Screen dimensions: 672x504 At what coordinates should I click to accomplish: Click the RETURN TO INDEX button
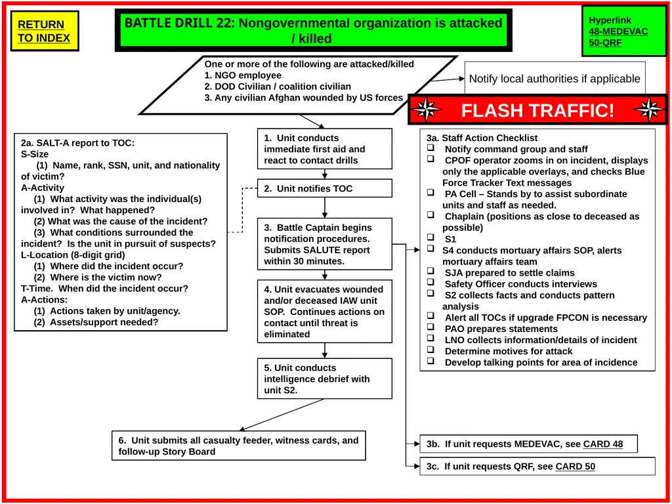[44, 31]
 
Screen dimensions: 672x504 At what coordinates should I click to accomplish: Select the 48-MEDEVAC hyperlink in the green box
[618, 31]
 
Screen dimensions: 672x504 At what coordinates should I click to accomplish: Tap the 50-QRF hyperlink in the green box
[605, 43]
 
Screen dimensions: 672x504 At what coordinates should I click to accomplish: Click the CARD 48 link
[602, 444]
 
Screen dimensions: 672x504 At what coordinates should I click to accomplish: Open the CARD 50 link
[575, 467]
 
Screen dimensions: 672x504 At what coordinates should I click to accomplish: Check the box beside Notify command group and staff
[430, 148]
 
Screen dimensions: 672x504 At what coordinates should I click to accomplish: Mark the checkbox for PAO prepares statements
[430, 327]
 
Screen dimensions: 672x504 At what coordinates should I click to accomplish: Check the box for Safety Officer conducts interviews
[430, 282]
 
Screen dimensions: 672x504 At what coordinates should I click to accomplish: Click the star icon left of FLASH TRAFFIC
[426, 110]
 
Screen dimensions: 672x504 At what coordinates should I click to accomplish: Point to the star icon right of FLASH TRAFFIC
[649, 110]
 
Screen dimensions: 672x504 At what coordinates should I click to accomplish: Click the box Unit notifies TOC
[324, 188]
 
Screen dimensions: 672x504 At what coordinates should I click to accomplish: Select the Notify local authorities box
[555, 79]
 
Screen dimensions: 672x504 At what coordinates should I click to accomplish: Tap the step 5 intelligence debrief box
[324, 379]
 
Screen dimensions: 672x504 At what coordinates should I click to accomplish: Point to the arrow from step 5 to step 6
[282, 415]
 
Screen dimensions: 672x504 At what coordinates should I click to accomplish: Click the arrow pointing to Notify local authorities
[448, 79]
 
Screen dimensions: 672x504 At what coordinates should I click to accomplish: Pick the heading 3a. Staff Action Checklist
[482, 138]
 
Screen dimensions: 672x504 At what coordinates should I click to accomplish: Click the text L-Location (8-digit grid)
[73, 255]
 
